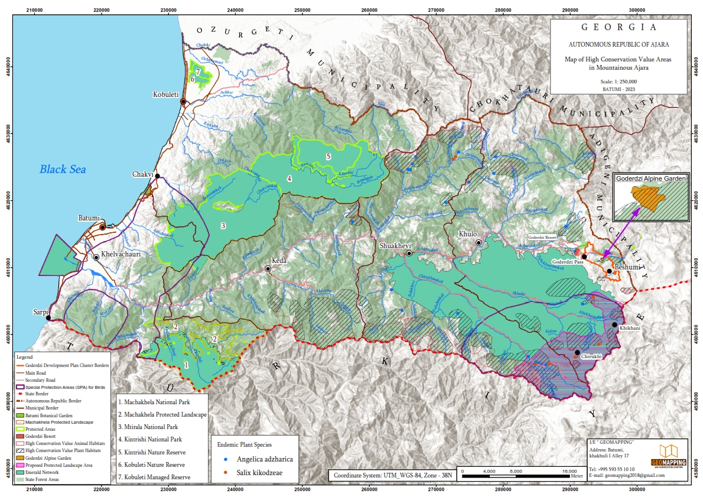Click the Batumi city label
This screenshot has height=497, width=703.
click(x=89, y=218)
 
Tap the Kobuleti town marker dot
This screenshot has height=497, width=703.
click(x=183, y=102)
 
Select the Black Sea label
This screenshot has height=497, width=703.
click(x=63, y=170)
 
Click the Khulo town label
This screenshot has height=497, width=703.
click(x=467, y=234)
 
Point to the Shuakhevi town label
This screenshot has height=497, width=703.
click(x=395, y=245)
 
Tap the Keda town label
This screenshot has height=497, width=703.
click(x=278, y=261)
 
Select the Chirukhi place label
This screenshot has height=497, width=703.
click(x=591, y=357)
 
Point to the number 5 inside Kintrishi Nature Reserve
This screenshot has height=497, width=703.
click(x=328, y=157)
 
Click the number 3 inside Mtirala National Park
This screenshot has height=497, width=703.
click(x=223, y=226)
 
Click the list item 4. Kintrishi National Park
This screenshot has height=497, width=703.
click(x=151, y=439)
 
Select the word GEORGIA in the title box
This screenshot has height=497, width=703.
click(x=619, y=27)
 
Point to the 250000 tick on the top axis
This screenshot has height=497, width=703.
click(x=302, y=10)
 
